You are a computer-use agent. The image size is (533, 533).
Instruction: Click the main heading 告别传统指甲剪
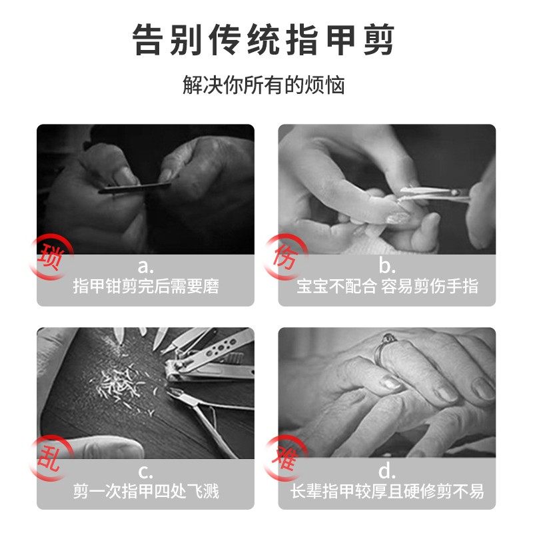[266, 41]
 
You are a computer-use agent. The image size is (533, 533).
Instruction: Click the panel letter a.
[145, 268]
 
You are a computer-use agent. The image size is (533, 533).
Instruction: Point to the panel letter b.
[387, 268]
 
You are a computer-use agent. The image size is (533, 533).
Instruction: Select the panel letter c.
[145, 472]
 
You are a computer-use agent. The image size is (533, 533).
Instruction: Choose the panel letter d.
[387, 472]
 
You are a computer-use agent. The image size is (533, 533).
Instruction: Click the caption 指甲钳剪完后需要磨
[145, 287]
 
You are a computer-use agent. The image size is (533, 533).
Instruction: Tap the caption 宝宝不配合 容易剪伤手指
[387, 287]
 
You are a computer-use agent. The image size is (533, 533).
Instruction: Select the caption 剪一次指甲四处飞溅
[145, 492]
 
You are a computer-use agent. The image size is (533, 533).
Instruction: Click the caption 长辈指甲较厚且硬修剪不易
[387, 492]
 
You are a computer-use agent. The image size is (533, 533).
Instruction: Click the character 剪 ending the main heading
[375, 41]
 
